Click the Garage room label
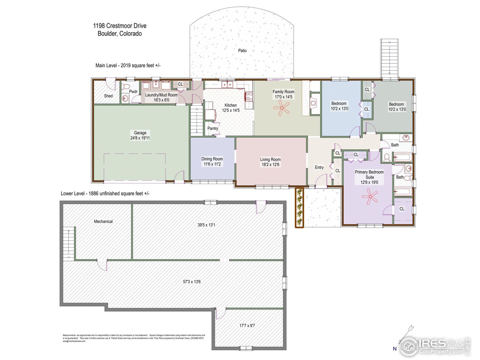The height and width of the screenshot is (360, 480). [140, 133]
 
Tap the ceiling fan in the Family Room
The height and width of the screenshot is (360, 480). [281, 109]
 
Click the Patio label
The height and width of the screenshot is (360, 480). [243, 50]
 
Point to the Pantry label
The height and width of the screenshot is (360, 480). [213, 129]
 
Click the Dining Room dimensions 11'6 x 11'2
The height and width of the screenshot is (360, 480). [212, 164]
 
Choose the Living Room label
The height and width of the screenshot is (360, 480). [270, 159]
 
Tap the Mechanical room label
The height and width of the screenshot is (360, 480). [103, 222]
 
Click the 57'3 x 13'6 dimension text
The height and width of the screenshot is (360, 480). [192, 282]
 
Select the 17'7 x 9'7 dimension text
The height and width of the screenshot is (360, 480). [247, 325]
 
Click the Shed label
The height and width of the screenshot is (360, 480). [108, 96]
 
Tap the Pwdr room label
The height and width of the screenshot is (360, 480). [133, 91]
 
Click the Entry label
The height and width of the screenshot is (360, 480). [319, 168]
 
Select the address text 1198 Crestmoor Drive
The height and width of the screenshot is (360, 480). [120, 26]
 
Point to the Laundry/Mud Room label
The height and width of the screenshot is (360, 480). [161, 95]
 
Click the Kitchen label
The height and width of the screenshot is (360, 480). [231, 105]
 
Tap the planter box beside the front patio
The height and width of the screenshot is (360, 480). [299, 208]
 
